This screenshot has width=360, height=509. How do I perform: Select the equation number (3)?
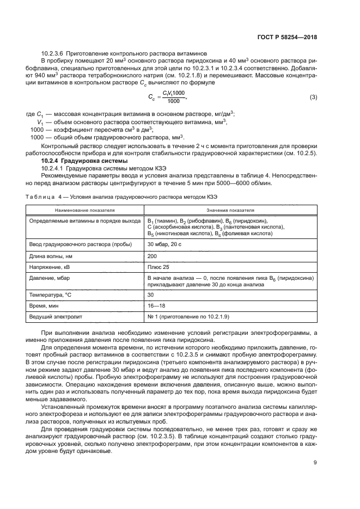[313, 97]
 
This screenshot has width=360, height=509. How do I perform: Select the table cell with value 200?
[152, 255]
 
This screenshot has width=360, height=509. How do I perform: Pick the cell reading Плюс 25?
[158, 267]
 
